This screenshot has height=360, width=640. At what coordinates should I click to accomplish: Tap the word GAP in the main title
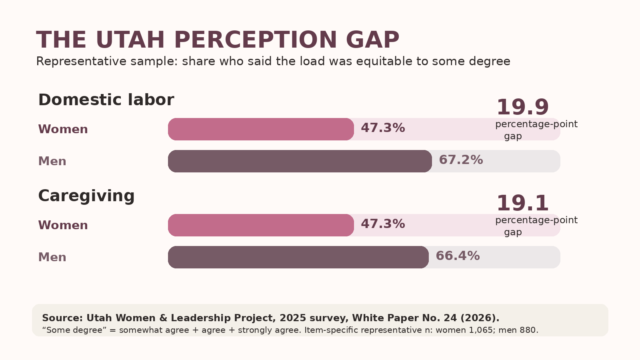pos(372,40)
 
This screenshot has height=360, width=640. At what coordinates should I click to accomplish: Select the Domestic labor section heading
pos(106,100)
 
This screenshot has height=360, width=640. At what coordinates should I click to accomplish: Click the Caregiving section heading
pos(86,196)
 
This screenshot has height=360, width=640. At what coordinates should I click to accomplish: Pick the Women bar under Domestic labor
pos(261,129)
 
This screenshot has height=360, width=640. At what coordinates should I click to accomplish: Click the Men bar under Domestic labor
pos(300,161)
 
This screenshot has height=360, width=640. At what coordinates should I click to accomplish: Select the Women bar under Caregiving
pos(261,225)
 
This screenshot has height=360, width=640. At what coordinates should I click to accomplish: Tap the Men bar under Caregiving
pos(298,257)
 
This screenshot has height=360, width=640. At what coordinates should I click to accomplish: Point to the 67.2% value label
pos(461,160)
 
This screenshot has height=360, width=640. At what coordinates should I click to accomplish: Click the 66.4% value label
pos(458,256)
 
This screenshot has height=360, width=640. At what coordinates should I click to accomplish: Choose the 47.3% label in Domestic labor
pos(383,128)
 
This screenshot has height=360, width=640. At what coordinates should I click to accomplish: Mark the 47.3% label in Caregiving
pos(383,224)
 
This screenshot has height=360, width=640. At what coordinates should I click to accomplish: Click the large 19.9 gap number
pos(522,107)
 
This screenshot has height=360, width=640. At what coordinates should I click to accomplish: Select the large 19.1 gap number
pos(522,203)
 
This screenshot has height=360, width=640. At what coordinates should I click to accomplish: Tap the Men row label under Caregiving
pos(52,257)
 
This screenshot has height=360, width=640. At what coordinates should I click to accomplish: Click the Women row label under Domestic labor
pos(63,129)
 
